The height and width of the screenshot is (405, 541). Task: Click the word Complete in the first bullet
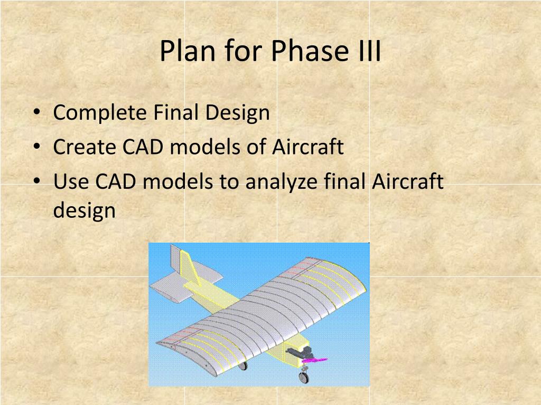100,113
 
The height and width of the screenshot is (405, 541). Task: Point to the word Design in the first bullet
237,113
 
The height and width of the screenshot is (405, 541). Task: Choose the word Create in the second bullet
85,147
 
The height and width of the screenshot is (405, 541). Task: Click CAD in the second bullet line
143,147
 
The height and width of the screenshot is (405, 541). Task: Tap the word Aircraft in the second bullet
308,147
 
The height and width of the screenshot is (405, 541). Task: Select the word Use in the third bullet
71,181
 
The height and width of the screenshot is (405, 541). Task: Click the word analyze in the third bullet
281,182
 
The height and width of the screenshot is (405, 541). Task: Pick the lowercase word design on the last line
84,210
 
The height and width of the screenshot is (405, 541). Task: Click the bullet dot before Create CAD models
36,146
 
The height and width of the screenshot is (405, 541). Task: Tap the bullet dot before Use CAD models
36,180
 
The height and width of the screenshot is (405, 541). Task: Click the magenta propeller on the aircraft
314,360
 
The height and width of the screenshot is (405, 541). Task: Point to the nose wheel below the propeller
304,377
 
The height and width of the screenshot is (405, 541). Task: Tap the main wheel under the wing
243,366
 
